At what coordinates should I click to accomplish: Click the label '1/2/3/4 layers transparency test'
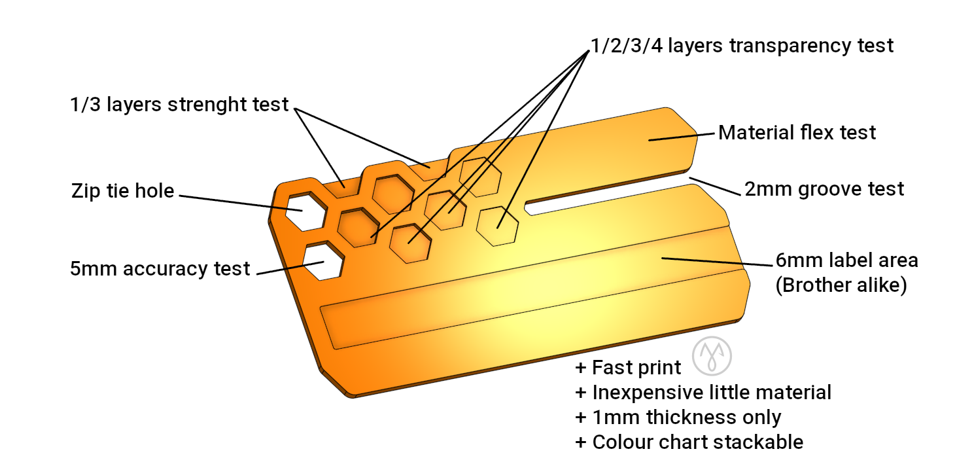[x=742, y=46]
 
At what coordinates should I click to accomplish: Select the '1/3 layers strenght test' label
[x=179, y=104]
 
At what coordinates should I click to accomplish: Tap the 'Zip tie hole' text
[x=122, y=191]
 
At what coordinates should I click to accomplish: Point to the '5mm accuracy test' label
[x=160, y=268]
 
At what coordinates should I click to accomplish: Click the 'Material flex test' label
[x=797, y=133]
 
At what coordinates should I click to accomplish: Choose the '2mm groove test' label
[x=824, y=189]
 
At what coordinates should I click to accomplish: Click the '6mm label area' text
[x=847, y=260]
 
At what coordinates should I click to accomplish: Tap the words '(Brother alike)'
[x=841, y=285]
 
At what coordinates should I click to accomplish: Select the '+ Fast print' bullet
[x=628, y=368]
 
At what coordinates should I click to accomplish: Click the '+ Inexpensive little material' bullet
[x=703, y=393]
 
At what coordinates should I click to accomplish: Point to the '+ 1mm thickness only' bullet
[x=678, y=418]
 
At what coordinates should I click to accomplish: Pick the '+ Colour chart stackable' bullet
[x=689, y=442]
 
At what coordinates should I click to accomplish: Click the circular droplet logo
[x=712, y=355]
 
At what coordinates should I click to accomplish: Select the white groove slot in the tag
[x=608, y=195]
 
